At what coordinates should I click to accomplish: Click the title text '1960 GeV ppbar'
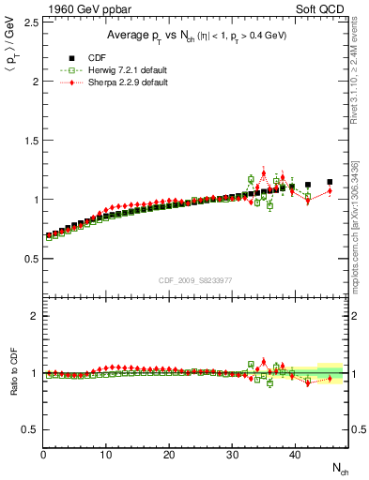coord(87,11)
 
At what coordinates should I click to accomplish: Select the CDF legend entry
coord(92,56)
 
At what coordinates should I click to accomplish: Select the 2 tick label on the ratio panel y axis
coord(34,316)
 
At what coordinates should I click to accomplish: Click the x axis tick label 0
coord(43,455)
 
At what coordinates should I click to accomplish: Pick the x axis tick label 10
coord(106,455)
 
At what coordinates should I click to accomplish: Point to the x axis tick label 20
coord(169,455)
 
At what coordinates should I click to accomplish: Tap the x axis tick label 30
coord(232,455)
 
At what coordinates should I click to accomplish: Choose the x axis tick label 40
coord(295,455)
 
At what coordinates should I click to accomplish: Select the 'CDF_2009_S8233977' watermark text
coord(196,278)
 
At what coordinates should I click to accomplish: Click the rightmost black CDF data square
coord(330,182)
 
